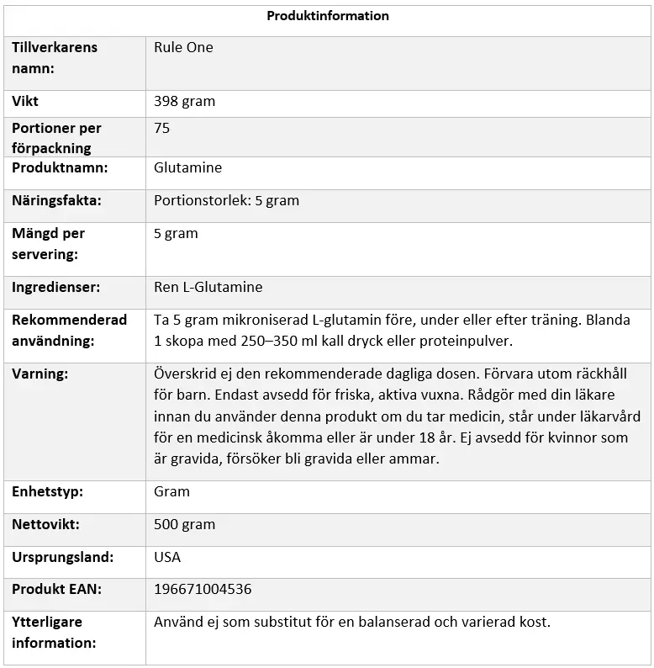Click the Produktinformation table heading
coord(328,16)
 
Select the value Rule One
coord(183,48)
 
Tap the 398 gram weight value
coord(184,102)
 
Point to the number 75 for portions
coord(162,129)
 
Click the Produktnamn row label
coord(60,168)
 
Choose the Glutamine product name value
coord(187,168)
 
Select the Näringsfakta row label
coord(56,201)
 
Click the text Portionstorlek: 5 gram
coord(226,201)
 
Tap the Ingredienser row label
coord(55,288)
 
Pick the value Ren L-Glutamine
coord(208,288)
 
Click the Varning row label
coord(40,374)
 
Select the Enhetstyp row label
coord(47,492)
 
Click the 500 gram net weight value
coord(184,525)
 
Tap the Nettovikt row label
coord(45,525)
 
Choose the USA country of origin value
coord(167,558)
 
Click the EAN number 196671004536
coord(203,590)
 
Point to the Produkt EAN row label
coord(56,590)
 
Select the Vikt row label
coord(25,102)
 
